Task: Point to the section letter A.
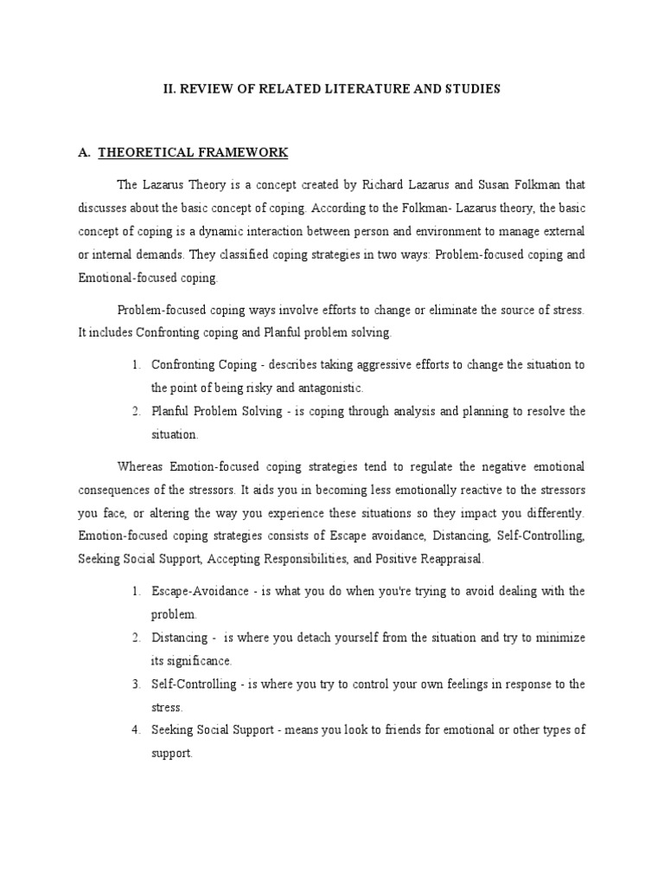point(84,153)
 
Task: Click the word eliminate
point(448,310)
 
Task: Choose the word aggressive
point(330,364)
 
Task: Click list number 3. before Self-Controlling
point(137,684)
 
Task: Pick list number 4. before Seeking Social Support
point(137,730)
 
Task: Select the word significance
point(201,660)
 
